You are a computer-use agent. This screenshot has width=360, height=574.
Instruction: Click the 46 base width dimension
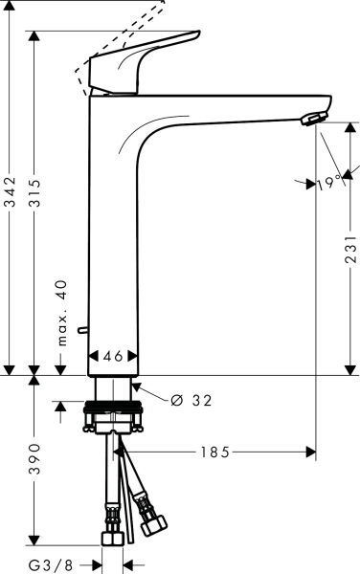pos(113,356)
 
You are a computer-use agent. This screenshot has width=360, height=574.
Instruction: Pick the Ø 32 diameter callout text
pos(190,399)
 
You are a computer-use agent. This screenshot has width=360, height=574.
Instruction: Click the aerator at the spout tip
pos(312,119)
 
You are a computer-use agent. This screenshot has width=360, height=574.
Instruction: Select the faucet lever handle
pos(144,62)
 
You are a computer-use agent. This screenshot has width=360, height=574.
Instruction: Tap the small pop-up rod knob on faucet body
pos(84,330)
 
